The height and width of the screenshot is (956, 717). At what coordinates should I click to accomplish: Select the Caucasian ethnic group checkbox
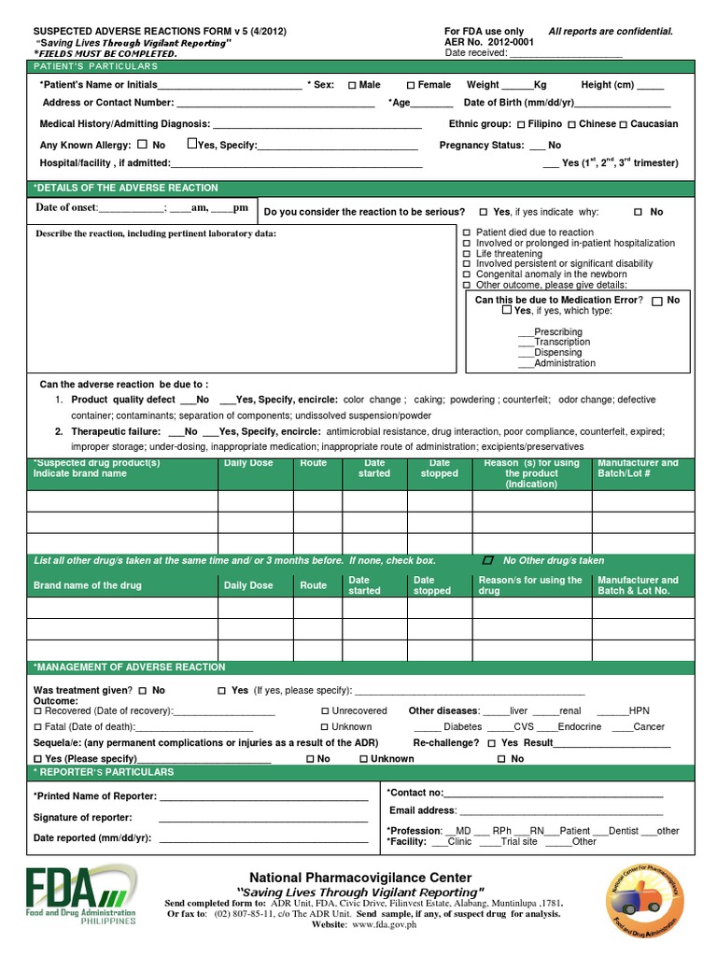click(624, 124)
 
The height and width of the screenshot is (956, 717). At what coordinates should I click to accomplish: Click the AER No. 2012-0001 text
click(490, 42)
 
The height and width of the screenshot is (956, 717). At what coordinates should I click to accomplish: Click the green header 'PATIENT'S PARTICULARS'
click(96, 66)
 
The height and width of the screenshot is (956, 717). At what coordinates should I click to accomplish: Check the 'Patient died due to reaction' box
click(468, 232)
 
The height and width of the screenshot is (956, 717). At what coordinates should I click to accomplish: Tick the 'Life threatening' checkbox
click(468, 254)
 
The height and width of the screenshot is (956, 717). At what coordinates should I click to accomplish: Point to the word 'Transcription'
click(562, 343)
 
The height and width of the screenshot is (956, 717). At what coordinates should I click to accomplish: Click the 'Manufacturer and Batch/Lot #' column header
click(638, 469)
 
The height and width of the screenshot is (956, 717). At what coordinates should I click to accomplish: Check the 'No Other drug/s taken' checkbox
click(486, 560)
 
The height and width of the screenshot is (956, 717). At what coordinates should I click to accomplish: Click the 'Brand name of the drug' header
click(88, 585)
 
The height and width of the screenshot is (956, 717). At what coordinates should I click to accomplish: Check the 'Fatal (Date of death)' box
click(38, 726)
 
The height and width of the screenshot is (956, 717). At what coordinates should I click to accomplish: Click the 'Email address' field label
click(422, 810)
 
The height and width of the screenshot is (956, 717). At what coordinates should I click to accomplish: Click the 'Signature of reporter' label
click(82, 818)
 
